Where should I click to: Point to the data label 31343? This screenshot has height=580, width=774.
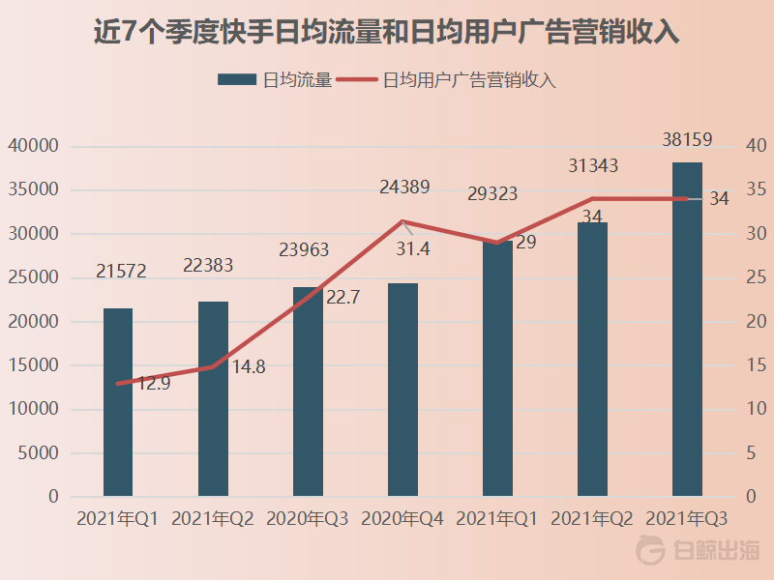point(593,166)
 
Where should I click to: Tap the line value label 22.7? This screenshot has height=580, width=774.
point(342,298)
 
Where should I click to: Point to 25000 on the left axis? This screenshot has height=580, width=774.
point(34,278)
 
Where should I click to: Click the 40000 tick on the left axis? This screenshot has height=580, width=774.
point(34,147)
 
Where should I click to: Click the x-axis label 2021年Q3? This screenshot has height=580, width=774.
point(687,519)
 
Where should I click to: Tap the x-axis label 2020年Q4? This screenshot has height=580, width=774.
point(402,519)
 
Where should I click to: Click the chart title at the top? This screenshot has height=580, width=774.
point(387,32)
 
